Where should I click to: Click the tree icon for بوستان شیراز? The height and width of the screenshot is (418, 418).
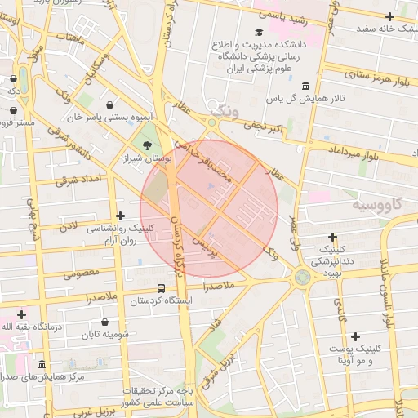147,145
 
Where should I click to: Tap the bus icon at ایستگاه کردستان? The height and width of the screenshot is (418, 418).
161,288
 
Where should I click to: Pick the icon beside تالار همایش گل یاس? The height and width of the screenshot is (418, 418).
305,86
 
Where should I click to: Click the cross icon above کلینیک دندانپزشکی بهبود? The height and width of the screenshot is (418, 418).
333,237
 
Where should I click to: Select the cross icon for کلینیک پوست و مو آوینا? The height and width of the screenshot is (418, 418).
355,336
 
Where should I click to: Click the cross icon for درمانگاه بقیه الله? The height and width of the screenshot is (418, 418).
20,314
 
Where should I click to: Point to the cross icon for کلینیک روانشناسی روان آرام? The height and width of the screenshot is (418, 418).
121,216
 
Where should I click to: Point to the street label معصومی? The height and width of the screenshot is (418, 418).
81,274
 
